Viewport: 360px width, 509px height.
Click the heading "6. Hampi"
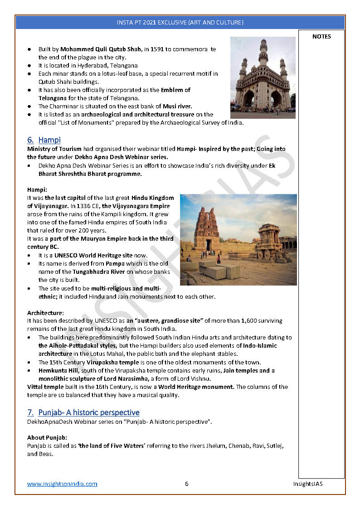44,140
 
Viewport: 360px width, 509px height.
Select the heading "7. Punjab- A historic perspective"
83,412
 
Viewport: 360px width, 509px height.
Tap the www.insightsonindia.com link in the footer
62,484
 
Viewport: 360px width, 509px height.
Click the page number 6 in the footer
186,484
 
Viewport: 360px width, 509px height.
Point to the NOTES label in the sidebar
321,37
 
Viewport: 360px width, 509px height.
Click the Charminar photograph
263,78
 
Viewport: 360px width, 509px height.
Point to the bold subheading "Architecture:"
45,313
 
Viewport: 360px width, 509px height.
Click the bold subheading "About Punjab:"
47,437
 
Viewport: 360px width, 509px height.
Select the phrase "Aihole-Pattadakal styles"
77,345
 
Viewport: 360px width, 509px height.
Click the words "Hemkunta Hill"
58,370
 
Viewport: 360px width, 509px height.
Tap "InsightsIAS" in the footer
307,484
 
